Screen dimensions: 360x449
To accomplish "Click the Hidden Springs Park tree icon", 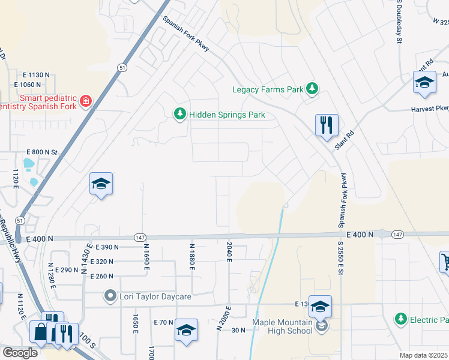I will pos(179,114).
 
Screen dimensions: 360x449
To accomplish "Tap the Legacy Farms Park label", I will pos(268,90).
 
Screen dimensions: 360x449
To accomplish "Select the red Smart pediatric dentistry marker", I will pos(86,100).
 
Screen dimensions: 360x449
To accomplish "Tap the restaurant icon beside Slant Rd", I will pos(327,125).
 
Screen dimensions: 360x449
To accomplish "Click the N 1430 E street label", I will pos(89,255).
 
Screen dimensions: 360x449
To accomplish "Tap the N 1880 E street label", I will pos(192,256).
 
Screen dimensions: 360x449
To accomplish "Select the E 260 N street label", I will pos(102,276).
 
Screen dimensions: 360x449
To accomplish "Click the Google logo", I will pos(20,353).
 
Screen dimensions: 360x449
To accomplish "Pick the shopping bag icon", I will pos(40,331).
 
